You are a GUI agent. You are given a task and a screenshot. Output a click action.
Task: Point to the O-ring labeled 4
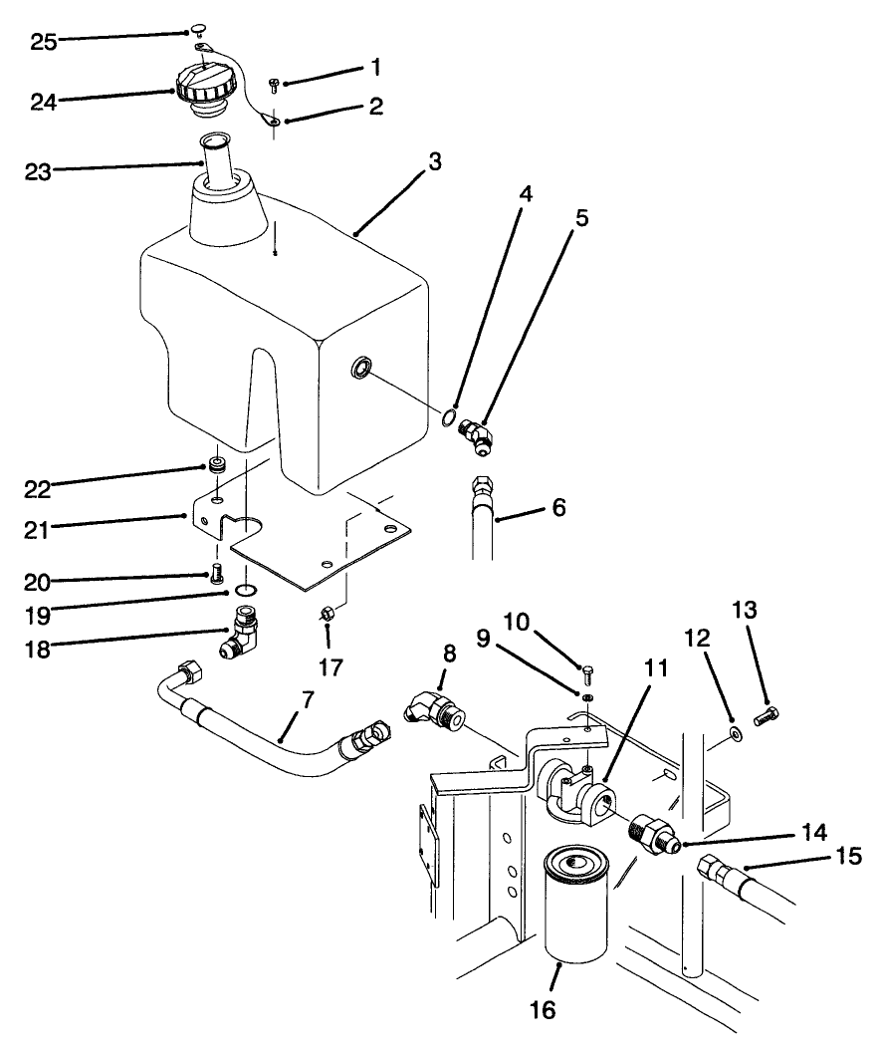click(x=451, y=417)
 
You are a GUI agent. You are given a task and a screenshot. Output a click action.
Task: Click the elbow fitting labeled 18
click(x=246, y=636)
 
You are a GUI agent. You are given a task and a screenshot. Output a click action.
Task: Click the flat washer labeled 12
click(x=734, y=735)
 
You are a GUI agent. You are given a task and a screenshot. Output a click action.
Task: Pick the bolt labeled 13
click(x=768, y=713)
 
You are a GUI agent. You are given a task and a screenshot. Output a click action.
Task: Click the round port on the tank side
click(x=359, y=371)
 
